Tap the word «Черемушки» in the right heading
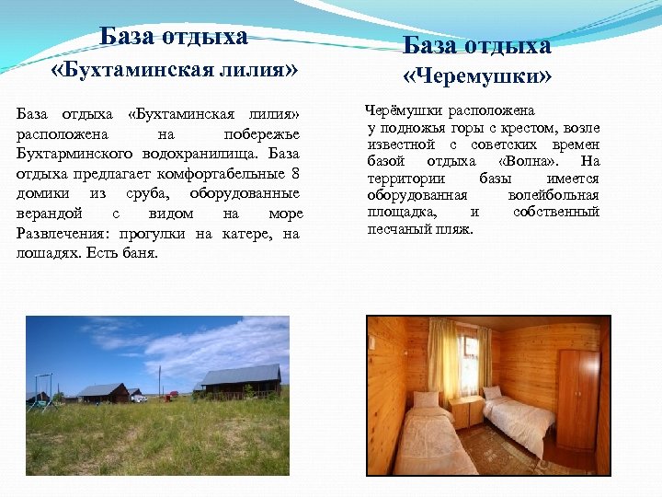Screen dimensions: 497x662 point(477,75)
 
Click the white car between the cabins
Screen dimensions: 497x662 point(139,398)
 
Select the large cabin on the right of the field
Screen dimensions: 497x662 point(241,379)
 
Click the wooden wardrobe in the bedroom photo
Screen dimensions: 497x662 point(577,398)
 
